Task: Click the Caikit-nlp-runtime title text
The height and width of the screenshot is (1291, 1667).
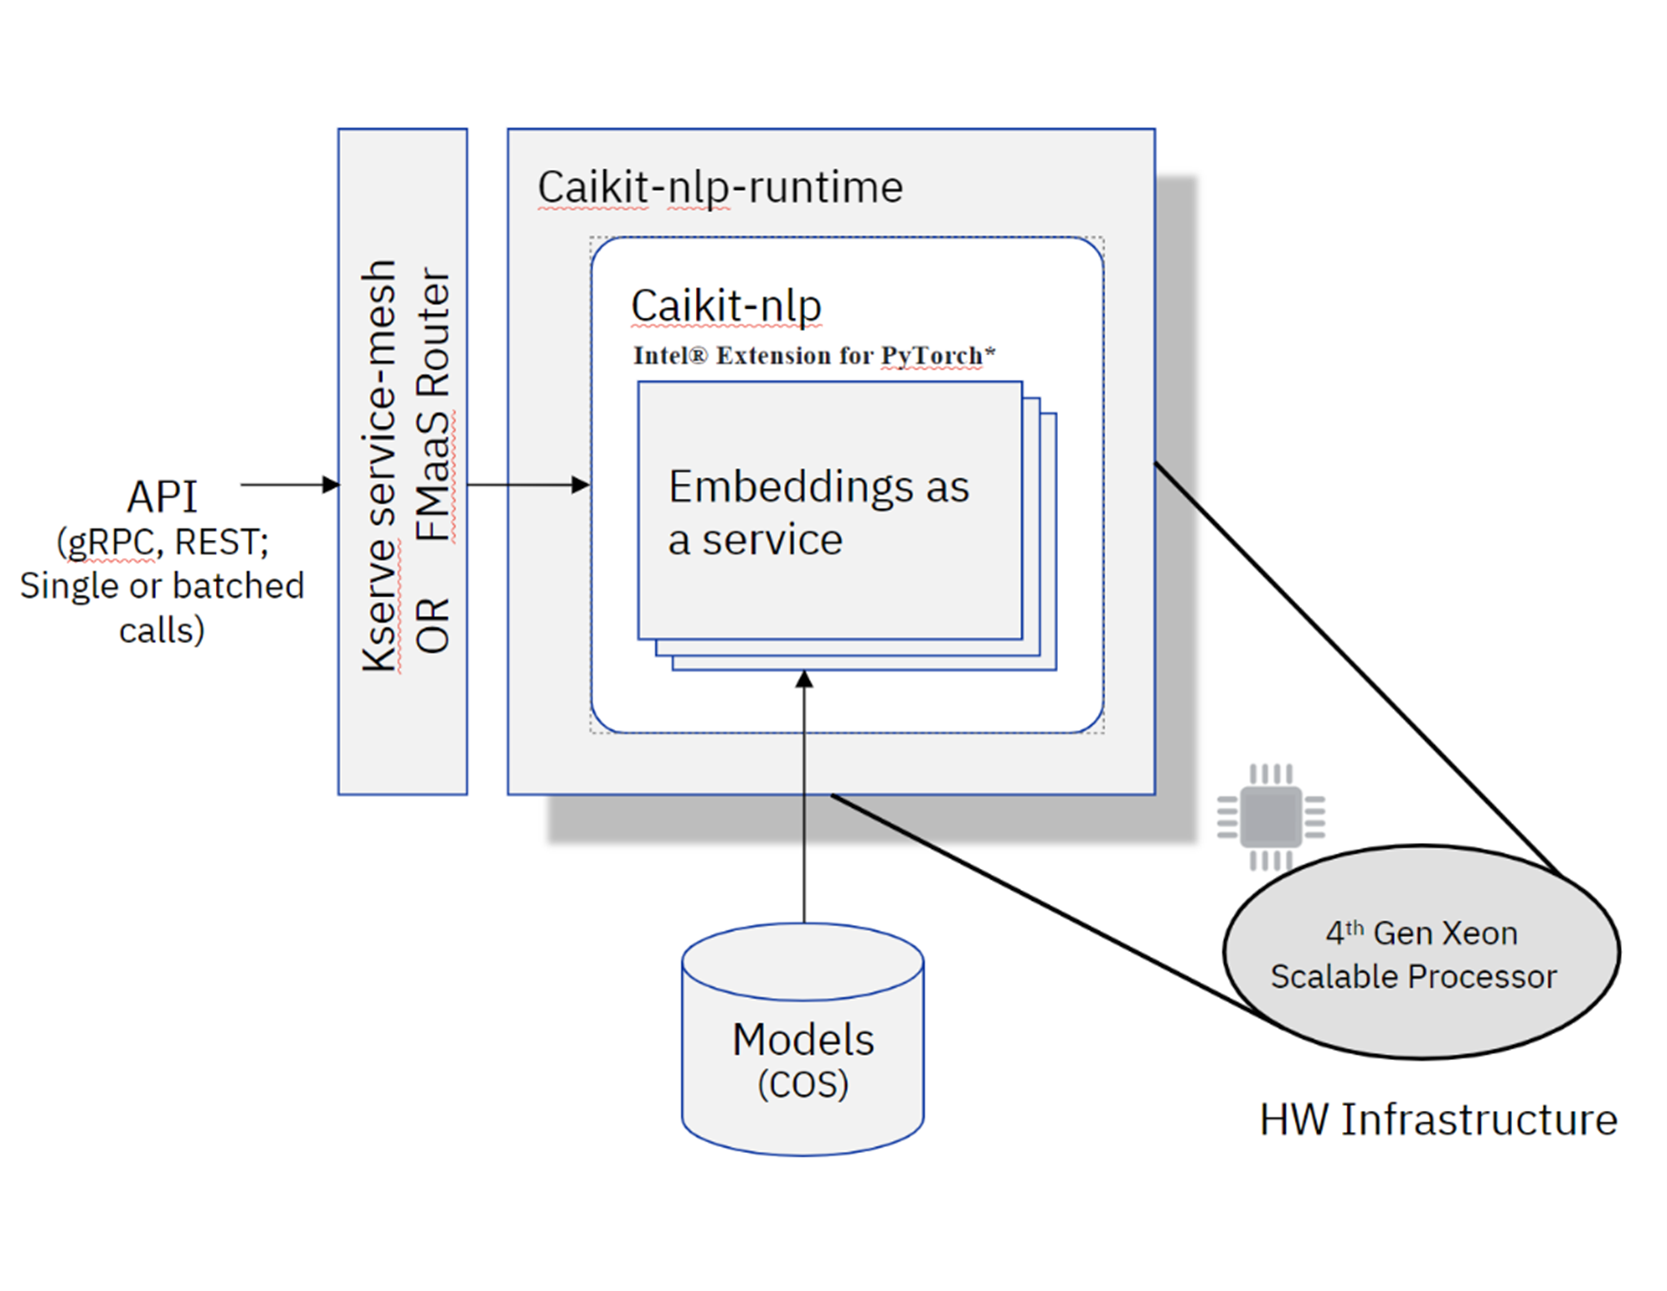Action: click(720, 187)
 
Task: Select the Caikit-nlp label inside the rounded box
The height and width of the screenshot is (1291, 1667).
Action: click(726, 306)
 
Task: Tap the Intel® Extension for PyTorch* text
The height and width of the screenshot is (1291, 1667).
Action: click(813, 356)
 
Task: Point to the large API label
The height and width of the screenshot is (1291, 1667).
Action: click(162, 497)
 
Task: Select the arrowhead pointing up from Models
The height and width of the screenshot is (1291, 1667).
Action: click(804, 679)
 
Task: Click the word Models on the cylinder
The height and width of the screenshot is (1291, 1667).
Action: click(803, 1040)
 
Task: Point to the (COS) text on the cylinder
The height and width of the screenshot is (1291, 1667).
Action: click(803, 1084)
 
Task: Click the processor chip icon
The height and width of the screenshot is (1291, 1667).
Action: click(1271, 817)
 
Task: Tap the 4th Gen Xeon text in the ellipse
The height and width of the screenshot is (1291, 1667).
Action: click(1421, 933)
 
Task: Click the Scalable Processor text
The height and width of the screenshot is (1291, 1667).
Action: click(1413, 976)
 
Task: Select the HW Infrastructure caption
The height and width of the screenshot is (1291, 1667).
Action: click(1438, 1120)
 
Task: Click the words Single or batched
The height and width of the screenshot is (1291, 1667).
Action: click(162, 586)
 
